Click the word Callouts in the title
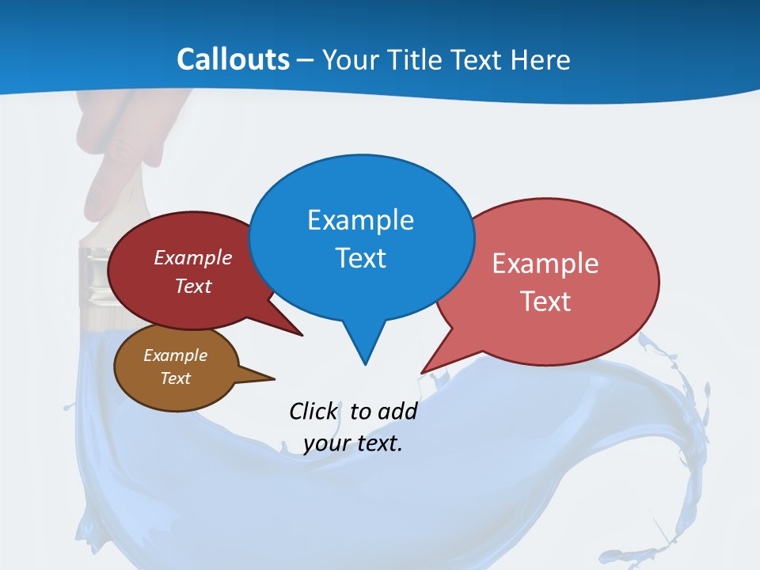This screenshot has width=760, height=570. coord(233,59)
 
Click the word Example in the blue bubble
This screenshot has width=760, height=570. coord(360,220)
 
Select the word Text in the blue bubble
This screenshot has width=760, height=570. coord(360,258)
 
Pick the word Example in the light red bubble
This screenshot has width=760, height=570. coord(545,264)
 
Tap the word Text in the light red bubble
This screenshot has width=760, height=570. coord(545,302)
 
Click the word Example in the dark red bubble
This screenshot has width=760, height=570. coord(193,257)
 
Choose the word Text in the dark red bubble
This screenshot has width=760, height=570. coord(193,286)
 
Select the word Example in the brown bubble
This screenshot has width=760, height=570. coord(175,355)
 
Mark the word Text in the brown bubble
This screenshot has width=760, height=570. coord(175,378)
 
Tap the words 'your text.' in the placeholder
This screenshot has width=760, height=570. coord(353,443)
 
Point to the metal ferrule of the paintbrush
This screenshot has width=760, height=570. coord(94,277)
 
